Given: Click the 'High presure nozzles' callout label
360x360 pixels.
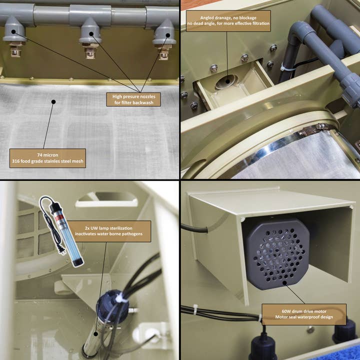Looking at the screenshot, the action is coord(133,99).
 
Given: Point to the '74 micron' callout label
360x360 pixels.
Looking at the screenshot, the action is coord(47,158).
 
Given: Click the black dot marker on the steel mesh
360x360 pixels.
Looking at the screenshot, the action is coord(53,101).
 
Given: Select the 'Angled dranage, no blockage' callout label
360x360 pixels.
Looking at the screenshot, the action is coord(228,20).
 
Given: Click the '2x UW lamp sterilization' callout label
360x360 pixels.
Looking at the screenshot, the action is coord(109,231).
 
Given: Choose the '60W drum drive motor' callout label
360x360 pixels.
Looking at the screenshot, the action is coord(304,314).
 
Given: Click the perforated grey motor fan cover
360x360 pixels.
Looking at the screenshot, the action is coord(276,253).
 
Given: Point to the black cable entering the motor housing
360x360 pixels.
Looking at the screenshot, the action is coord(194,227).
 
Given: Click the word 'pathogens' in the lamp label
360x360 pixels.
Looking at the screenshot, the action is coord(131,234).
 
